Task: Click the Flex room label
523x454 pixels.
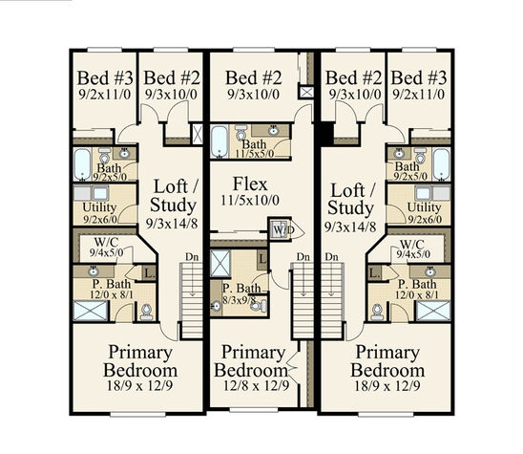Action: (250, 184)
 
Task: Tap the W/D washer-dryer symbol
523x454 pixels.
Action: (280, 229)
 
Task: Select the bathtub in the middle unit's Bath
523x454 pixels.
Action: (220, 141)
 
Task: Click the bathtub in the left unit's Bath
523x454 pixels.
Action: (82, 164)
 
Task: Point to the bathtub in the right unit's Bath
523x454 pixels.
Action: (441, 164)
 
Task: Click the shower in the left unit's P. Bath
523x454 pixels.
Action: (91, 311)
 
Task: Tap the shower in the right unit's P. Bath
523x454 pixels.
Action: (433, 311)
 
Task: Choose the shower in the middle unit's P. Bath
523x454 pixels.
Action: (220, 263)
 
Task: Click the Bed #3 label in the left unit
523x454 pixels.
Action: (105, 78)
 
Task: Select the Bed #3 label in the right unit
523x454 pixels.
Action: (419, 78)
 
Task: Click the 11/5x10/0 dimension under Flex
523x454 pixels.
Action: (250, 201)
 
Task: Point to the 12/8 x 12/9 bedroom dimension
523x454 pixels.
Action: (256, 386)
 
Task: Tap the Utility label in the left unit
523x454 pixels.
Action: (99, 207)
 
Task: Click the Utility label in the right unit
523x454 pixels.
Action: (424, 207)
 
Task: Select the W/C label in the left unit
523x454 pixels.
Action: (106, 242)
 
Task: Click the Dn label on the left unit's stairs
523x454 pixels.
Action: (192, 257)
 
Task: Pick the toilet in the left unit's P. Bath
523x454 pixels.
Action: (146, 312)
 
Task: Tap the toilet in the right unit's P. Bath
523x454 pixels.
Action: (378, 312)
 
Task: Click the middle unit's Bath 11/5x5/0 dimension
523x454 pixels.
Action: (255, 154)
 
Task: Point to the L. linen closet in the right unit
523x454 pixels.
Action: (375, 274)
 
